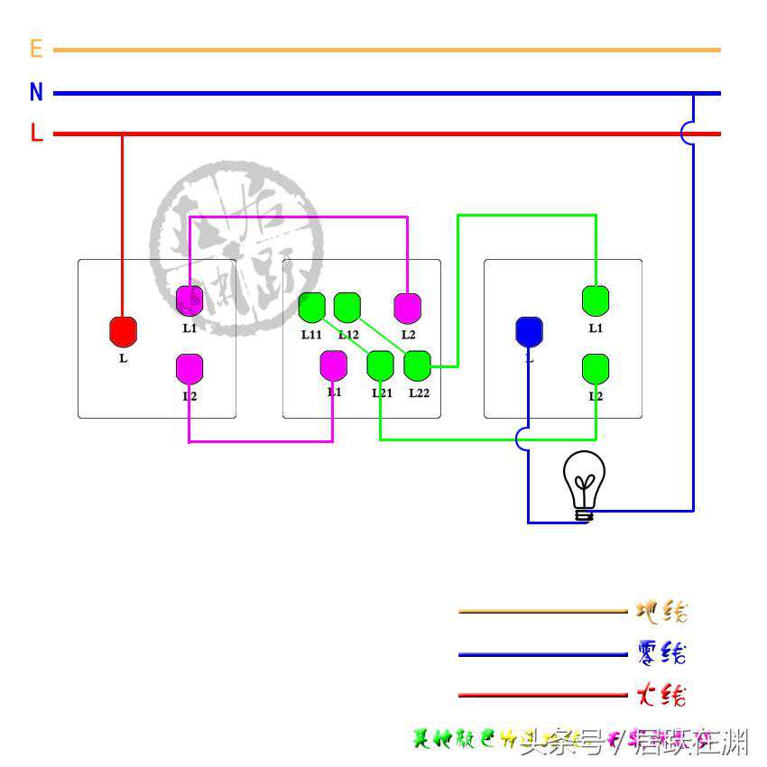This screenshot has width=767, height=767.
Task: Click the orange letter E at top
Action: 36,49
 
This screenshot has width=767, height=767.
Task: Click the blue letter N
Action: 36,92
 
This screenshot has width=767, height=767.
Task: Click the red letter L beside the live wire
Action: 36,134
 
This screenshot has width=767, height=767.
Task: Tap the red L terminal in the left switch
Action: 123,331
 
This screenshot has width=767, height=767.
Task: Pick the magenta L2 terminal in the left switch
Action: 189,368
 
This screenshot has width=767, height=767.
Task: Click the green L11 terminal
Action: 311,308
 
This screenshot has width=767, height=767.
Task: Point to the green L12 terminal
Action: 347,308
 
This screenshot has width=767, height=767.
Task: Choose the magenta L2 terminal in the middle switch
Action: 408,308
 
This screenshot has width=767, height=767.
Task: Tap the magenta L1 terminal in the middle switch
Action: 334,365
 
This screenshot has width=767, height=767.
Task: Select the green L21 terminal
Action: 380,365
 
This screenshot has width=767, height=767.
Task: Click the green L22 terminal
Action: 417,365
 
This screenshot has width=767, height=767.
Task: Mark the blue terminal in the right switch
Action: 529,331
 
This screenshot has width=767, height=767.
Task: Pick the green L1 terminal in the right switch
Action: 596,300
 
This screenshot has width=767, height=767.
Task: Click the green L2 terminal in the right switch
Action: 596,368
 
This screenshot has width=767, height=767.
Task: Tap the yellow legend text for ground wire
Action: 661,612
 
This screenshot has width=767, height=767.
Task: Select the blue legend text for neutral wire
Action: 661,652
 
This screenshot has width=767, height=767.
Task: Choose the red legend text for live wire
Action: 661,695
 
